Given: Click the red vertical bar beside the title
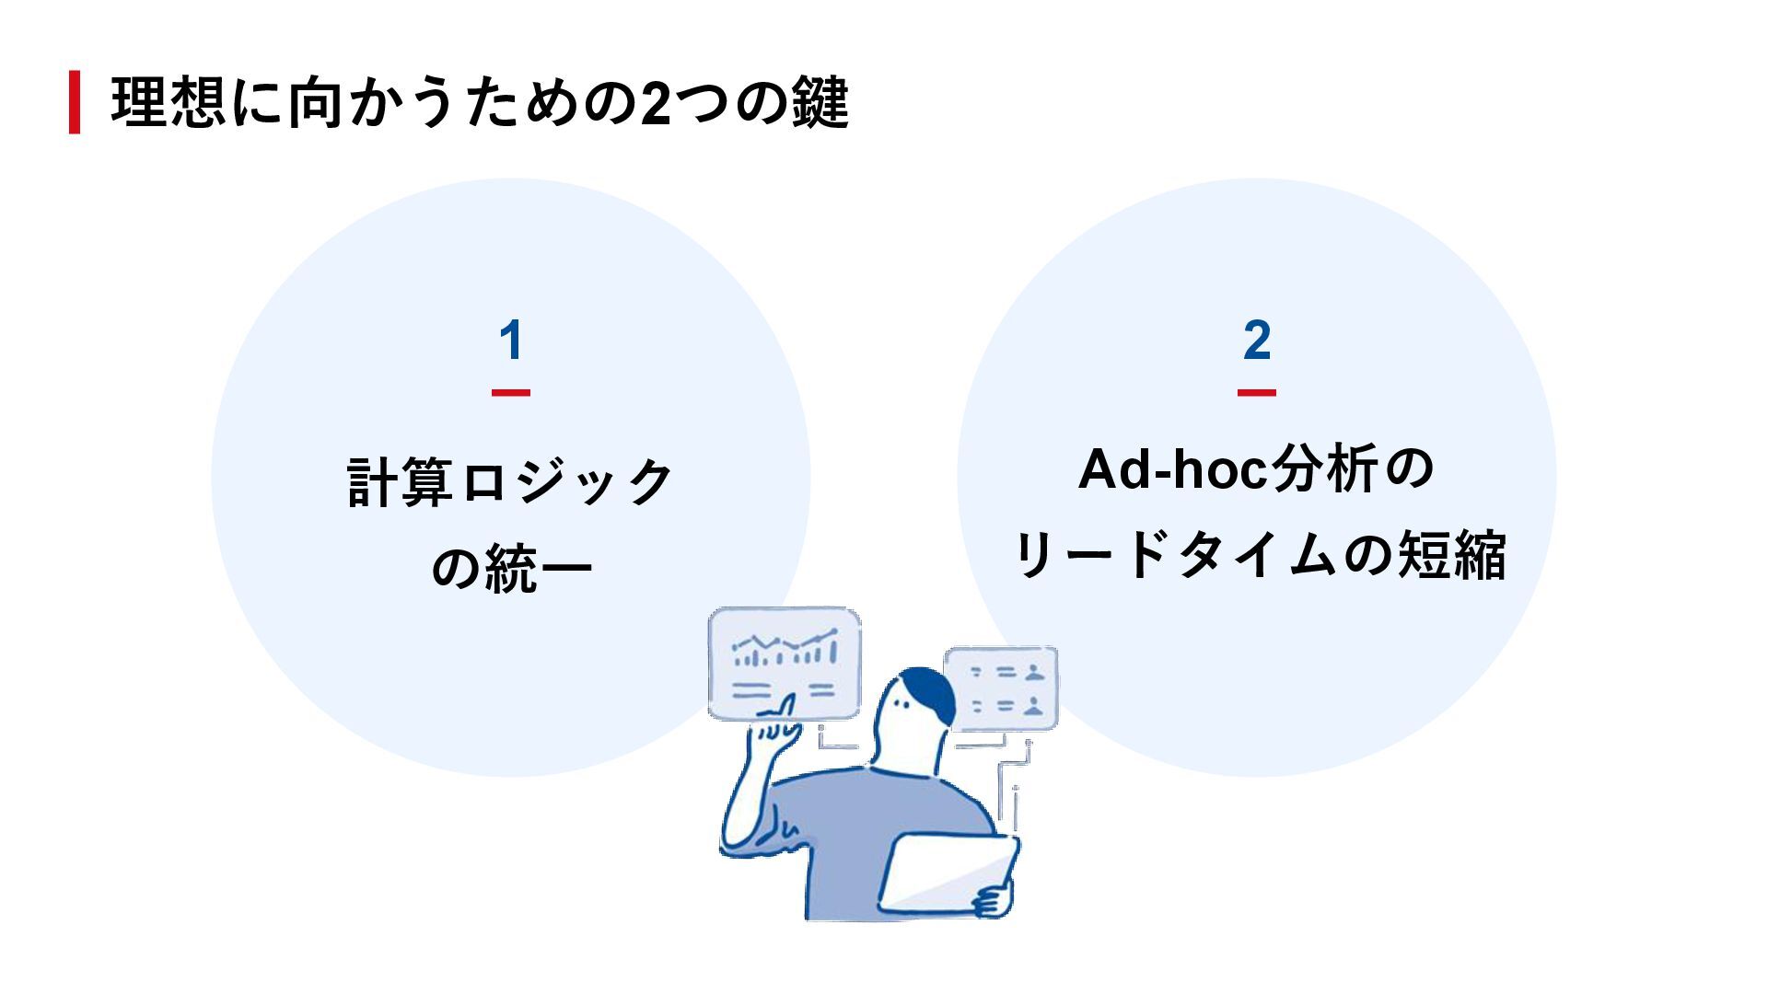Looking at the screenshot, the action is [x=75, y=102].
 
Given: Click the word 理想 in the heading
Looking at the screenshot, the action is [x=164, y=102].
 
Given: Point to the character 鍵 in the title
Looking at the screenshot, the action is [x=819, y=102].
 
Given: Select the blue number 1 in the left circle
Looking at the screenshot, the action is [x=511, y=341].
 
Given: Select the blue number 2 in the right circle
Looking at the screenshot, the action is [x=1257, y=341].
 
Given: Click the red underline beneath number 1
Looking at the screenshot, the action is [x=511, y=393].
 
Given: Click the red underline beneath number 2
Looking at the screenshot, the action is [x=1257, y=393].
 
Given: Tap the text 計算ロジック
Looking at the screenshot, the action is [x=511, y=481].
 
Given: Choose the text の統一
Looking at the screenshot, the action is [x=511, y=568].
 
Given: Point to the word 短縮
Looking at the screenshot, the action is [x=1451, y=555].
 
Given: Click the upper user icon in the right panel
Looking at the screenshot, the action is [x=1035, y=672].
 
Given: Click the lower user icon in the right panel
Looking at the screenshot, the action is [x=1035, y=706].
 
